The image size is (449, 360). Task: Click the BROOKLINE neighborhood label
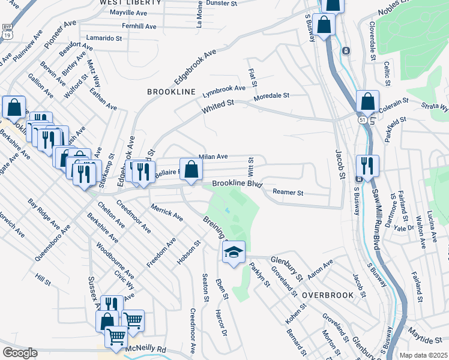click(x=172, y=92)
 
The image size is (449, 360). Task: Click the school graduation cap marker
click(x=234, y=253)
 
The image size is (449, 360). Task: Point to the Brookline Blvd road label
click(x=237, y=184)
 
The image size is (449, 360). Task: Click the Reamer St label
click(x=288, y=193)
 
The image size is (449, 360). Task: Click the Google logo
click(x=20, y=352)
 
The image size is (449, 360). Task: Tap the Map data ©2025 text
click(x=423, y=355)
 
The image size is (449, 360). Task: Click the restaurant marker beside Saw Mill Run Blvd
click(x=367, y=165)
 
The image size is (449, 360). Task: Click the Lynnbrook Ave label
click(x=224, y=89)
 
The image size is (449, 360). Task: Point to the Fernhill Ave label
click(x=139, y=27)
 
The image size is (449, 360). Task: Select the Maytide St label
click(x=426, y=340)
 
